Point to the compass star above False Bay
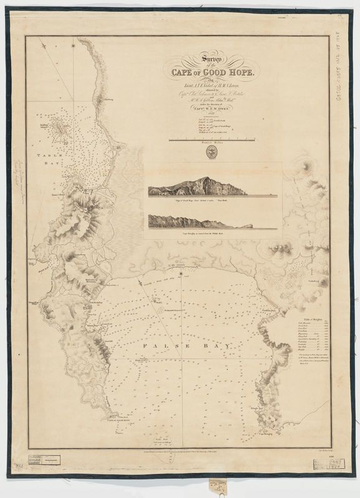pos(181,273)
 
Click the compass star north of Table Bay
pos(73,45)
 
